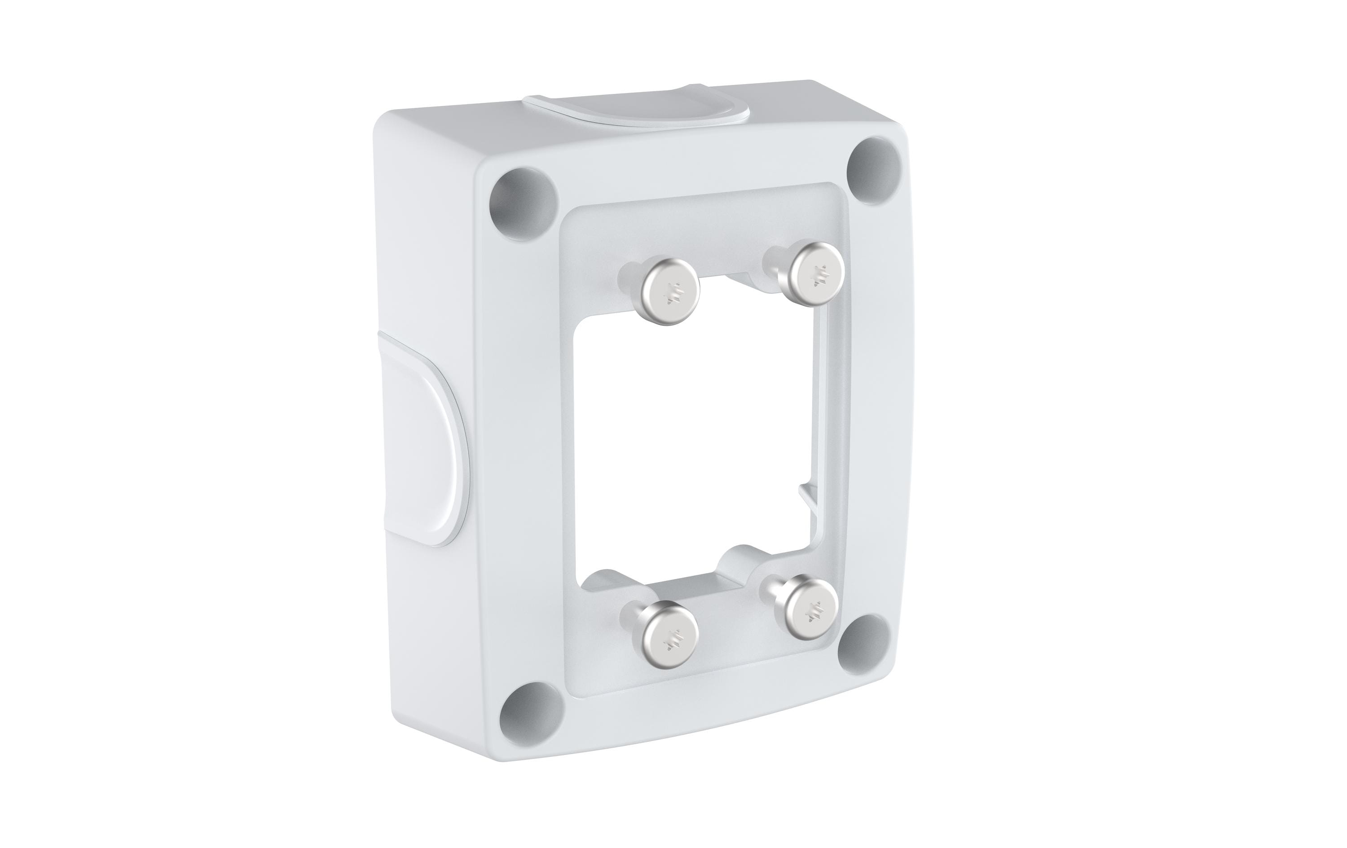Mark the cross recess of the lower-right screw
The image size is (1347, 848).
[812, 614]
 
